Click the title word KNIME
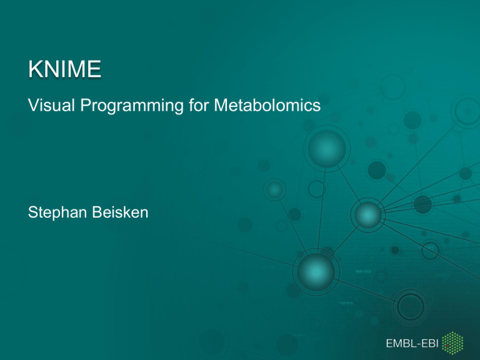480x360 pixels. [64, 69]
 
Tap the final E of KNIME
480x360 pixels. [94, 69]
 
